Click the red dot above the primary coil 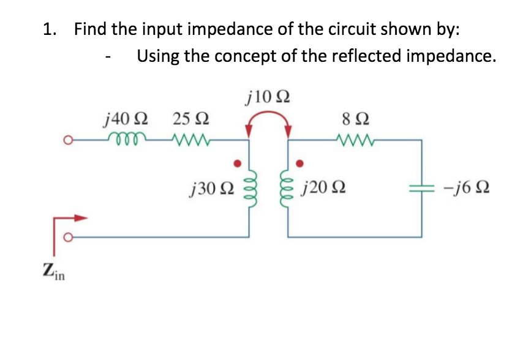click(x=239, y=163)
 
